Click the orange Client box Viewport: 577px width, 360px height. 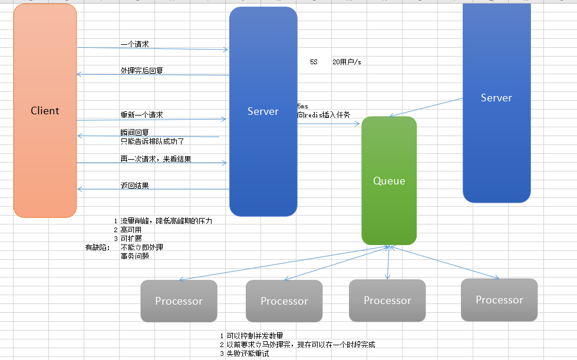coord(45,111)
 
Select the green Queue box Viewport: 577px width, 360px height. coord(389,180)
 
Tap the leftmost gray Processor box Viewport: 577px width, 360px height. coord(179,300)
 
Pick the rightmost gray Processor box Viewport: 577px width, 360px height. coord(499,300)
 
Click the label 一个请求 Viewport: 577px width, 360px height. coord(134,44)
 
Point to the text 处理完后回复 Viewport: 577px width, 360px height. coord(142,70)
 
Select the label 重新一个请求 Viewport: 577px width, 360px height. coord(141,114)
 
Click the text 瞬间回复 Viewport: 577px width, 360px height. coord(134,132)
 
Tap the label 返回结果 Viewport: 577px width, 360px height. coord(134,186)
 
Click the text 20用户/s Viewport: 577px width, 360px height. coord(346,61)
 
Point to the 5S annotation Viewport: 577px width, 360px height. coord(314,61)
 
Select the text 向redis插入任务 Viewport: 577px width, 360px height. coord(324,115)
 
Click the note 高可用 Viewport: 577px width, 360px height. coord(131,230)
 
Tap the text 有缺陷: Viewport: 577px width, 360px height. coord(98,247)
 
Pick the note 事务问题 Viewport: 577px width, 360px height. coord(134,256)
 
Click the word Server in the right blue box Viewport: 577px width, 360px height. coord(496,98)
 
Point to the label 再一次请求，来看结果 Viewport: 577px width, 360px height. coord(156,159)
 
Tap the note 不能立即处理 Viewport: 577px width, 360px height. coord(141,247)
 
